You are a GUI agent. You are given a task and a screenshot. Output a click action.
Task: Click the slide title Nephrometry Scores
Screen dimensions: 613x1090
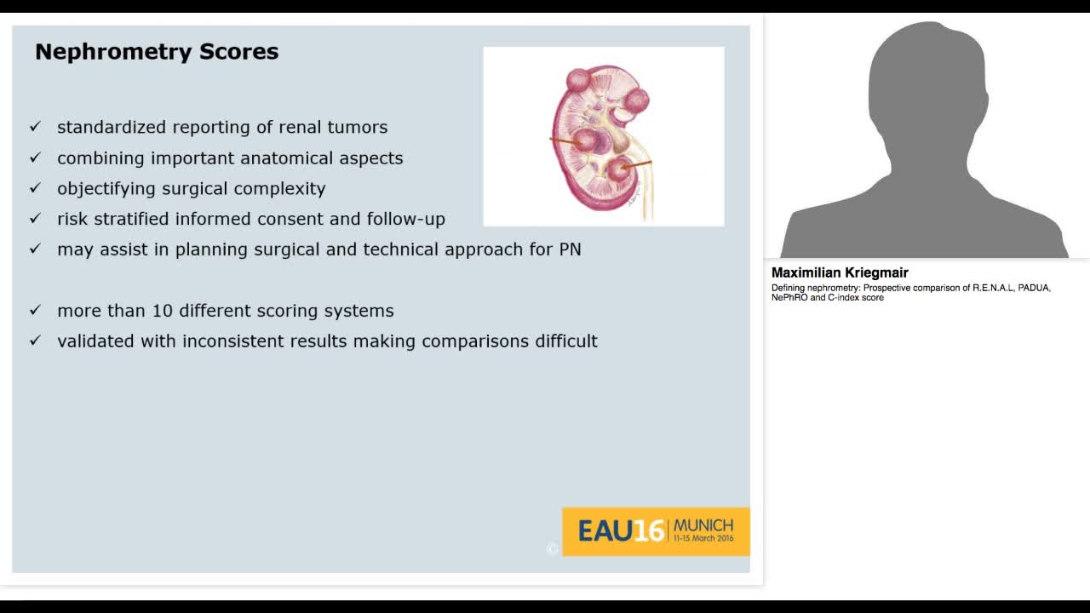click(157, 52)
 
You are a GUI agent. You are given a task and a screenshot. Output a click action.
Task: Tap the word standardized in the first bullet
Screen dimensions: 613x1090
click(112, 128)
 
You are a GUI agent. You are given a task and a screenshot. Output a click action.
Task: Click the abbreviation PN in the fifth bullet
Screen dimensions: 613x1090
click(570, 249)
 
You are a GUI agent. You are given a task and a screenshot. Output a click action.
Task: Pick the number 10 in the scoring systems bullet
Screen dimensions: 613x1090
click(162, 311)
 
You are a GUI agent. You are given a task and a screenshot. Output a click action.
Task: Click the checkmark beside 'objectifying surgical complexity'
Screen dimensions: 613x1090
click(35, 187)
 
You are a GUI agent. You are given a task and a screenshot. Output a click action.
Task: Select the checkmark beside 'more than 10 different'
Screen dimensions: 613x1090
click(35, 310)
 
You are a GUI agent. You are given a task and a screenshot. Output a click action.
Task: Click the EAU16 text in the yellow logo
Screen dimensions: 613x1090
click(620, 531)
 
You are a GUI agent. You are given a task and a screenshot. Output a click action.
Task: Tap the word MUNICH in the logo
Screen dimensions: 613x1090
click(703, 525)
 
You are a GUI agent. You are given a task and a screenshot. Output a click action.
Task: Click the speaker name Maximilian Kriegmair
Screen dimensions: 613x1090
click(840, 273)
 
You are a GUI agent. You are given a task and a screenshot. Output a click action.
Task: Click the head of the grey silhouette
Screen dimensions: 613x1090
click(926, 85)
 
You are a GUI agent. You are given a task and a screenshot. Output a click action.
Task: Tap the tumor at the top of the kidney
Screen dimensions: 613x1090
click(579, 81)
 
